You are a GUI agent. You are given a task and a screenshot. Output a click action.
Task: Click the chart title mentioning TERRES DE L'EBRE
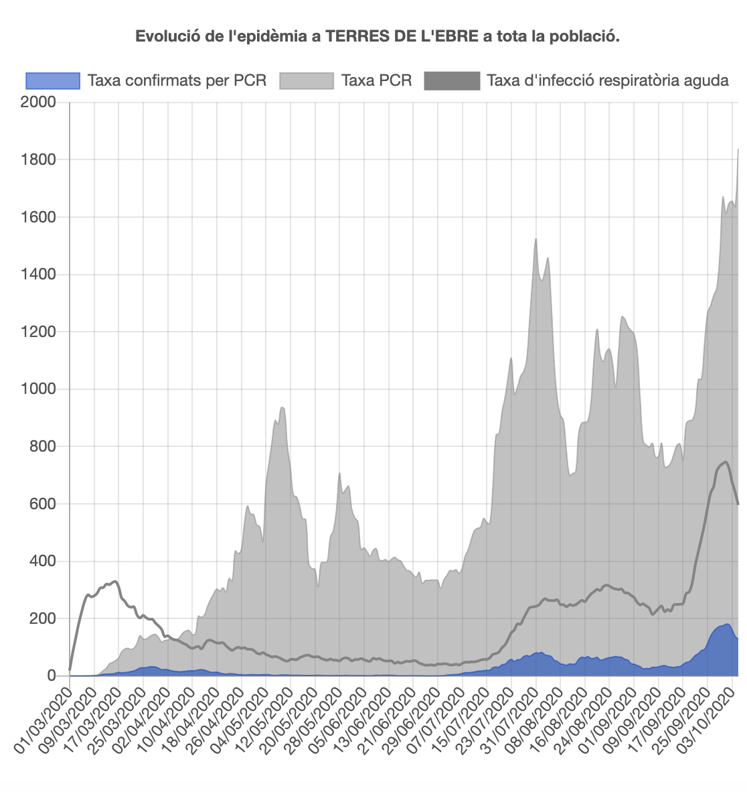[x=378, y=36]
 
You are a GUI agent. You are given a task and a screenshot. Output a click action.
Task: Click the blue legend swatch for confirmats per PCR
[x=52, y=81]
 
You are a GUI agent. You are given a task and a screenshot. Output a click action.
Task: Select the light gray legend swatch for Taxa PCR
[x=306, y=81]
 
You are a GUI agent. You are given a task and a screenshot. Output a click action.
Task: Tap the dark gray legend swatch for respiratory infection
[x=452, y=81]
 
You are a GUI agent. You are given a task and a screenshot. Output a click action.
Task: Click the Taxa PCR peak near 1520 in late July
[x=535, y=239]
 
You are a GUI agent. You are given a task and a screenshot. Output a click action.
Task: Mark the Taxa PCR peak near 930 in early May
[x=282, y=407]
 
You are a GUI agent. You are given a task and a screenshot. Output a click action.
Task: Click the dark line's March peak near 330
[x=115, y=581]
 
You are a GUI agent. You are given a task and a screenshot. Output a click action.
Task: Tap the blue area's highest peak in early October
[x=726, y=624]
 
